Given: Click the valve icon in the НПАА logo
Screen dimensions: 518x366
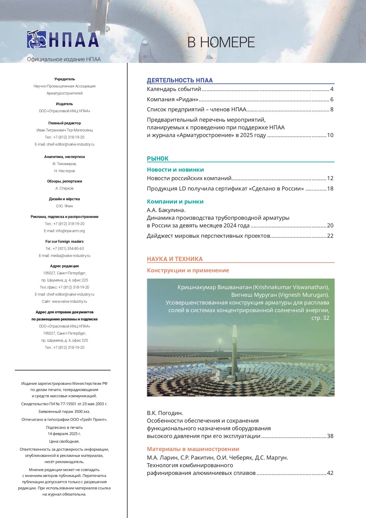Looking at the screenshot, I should tap(37, 40).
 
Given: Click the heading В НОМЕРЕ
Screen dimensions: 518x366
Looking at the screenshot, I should tap(221, 43).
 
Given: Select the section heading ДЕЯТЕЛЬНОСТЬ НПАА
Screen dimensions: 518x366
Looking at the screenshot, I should tap(180, 80).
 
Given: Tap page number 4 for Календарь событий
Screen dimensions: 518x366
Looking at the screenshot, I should tap(332, 89).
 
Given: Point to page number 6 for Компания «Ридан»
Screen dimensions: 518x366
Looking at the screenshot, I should tap(332, 100).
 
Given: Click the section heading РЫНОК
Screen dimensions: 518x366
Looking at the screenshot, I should tap(158, 159).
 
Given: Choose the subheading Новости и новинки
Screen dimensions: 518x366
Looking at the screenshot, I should tap(175, 170).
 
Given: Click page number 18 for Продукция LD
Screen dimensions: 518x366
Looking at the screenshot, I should tap(330, 189).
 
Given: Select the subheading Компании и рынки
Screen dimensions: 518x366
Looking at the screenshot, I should tap(175, 202).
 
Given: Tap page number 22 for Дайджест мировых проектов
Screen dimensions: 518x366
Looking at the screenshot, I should tap(330, 236).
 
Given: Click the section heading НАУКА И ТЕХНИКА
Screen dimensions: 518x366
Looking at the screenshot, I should tap(175, 259).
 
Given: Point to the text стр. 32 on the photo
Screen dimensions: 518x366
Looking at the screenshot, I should tap(320, 318).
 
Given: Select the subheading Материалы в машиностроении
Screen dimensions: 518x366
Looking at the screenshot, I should tap(193, 449).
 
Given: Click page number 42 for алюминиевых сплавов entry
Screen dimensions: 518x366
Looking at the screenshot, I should tap(330, 473).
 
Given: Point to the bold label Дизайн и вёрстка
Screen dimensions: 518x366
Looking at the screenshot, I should tap(64, 199).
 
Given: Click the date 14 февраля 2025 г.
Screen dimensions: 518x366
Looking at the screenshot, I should tap(64, 434).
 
